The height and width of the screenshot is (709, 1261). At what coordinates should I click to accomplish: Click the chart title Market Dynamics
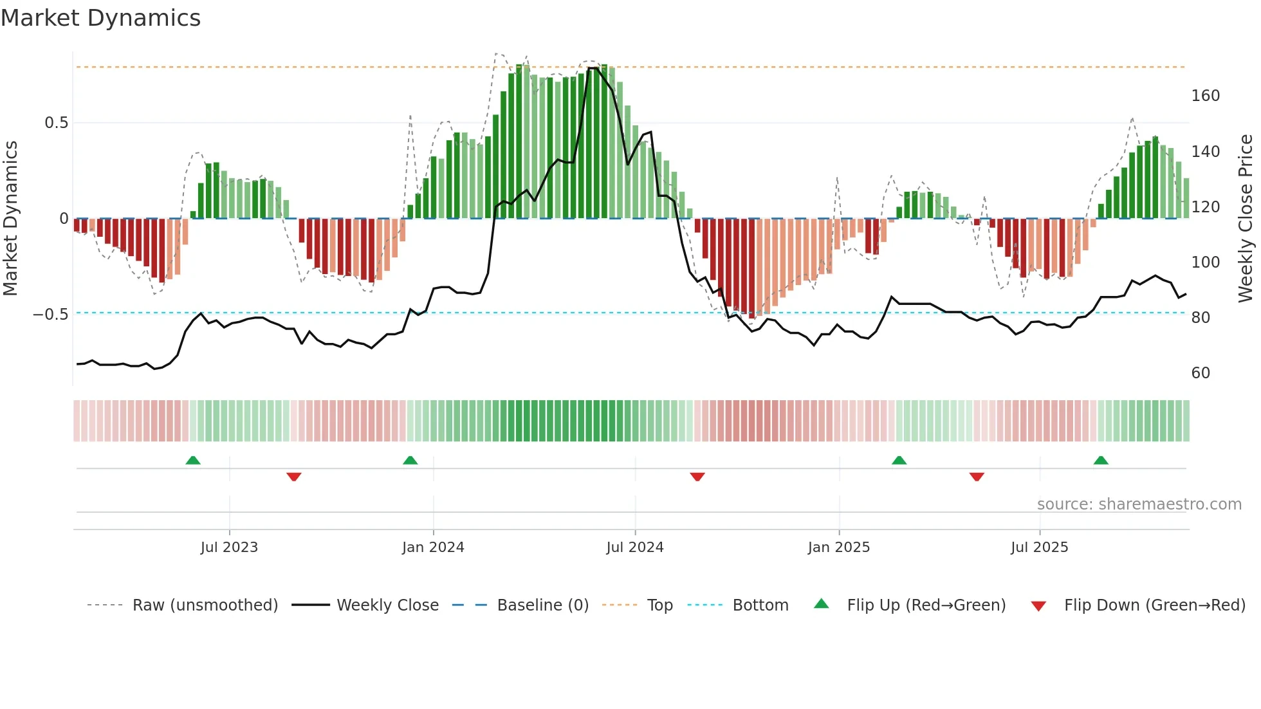(x=100, y=18)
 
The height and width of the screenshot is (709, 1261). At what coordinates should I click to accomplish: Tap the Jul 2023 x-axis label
(x=229, y=548)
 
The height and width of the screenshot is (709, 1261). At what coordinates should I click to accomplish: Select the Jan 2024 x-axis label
(x=433, y=548)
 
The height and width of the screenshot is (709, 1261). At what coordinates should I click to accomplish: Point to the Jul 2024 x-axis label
(x=635, y=548)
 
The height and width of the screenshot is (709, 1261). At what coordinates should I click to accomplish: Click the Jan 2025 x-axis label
(x=839, y=548)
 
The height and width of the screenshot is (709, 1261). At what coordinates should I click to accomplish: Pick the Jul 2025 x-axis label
(x=1040, y=548)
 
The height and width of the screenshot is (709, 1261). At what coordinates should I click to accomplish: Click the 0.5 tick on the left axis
(x=57, y=123)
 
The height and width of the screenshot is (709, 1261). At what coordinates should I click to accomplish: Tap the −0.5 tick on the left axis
(x=51, y=315)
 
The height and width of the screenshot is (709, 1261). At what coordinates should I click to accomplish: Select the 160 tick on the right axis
(x=1206, y=96)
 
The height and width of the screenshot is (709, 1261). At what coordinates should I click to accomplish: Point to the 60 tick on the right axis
(x=1201, y=373)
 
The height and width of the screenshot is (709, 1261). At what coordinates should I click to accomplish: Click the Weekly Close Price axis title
(x=1246, y=219)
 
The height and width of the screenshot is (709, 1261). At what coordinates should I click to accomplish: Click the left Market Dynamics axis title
(x=10, y=219)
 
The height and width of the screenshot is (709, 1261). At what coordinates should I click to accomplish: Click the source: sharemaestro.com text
(x=1139, y=504)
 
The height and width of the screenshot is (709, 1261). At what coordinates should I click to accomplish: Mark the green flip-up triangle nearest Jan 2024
(x=410, y=460)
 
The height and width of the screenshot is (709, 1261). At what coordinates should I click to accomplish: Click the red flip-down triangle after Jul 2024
(x=697, y=477)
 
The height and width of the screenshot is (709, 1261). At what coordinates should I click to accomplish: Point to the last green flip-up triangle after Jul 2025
(x=1101, y=460)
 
